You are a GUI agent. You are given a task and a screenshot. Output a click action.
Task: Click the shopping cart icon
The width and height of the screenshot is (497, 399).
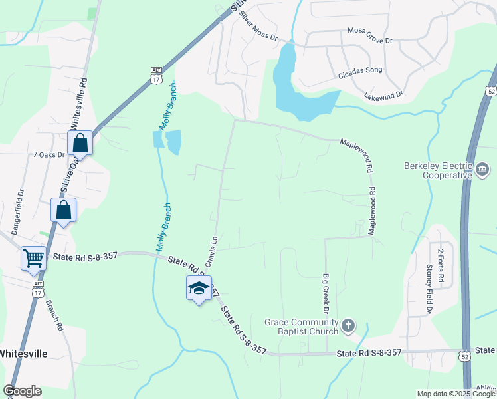coord(33,258)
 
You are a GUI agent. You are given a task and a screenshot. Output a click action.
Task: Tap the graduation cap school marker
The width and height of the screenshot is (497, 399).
coord(198,288)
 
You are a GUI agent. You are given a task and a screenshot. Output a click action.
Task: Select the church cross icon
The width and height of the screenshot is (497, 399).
coord(348,327)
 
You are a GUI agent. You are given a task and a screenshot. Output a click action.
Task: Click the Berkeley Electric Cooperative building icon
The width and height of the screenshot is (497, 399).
coord(481,171)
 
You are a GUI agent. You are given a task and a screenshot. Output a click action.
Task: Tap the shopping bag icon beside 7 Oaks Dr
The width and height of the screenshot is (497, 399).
coord(80,143)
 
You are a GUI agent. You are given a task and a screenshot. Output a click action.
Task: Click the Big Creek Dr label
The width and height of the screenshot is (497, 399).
coord(326,293)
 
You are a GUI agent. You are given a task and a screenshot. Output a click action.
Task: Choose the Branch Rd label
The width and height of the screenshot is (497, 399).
coord(54,316)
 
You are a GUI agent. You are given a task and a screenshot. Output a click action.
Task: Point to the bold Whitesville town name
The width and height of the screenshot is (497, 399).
coord(24,353)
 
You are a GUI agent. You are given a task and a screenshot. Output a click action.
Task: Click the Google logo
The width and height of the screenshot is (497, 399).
coord(23,391)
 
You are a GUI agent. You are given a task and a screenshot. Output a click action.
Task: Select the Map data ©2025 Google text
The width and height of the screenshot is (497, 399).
coord(456,394)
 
